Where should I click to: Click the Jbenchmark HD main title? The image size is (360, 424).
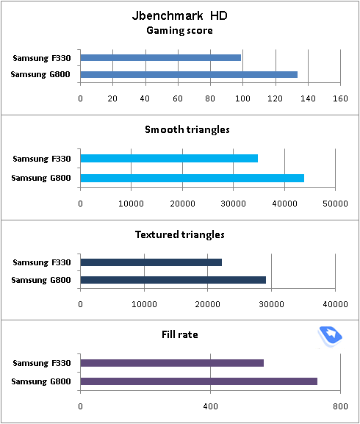(180, 15)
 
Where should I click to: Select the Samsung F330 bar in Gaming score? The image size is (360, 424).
(161, 57)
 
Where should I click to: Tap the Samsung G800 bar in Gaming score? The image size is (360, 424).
(189, 74)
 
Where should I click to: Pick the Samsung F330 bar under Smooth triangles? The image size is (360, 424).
(169, 158)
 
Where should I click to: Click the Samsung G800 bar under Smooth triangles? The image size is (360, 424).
(192, 179)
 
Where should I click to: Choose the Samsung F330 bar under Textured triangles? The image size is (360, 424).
(151, 262)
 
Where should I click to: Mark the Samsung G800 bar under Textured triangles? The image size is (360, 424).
(173, 280)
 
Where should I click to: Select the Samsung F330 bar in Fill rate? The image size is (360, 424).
(172, 363)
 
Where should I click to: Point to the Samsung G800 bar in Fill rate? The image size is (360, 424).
(199, 381)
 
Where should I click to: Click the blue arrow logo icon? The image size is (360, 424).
(330, 337)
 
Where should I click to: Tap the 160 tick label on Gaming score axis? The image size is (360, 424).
(340, 98)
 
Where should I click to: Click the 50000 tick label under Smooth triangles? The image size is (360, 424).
(335, 204)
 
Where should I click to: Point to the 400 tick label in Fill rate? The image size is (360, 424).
(211, 406)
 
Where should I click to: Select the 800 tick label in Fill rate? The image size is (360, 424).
(340, 406)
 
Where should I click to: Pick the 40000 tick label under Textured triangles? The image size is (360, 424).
(335, 304)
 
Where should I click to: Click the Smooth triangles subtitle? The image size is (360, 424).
(187, 130)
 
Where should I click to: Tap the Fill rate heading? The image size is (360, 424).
(180, 334)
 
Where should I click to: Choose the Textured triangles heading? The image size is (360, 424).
(180, 234)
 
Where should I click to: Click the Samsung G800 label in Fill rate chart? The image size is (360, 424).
(41, 381)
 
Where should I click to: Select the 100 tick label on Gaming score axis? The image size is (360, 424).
(242, 98)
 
